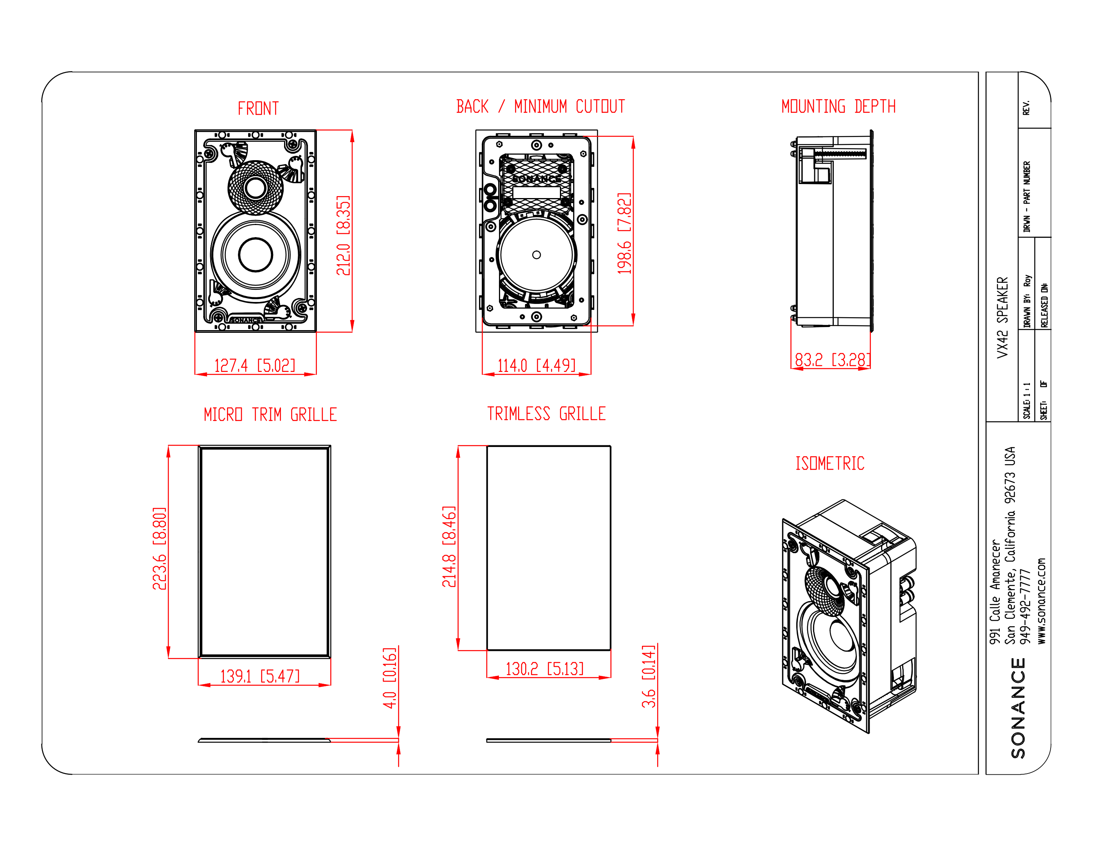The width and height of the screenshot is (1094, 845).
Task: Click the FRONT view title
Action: tap(258, 109)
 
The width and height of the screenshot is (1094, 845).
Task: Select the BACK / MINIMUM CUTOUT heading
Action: tap(540, 107)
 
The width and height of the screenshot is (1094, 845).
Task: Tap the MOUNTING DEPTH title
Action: tap(838, 107)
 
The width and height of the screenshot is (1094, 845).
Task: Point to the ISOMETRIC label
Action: tap(829, 463)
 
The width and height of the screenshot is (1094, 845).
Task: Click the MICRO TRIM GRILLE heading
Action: tap(270, 415)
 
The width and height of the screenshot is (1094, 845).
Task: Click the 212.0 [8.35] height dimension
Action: tap(343, 236)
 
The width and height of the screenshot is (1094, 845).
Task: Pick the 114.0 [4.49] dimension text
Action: tap(536, 366)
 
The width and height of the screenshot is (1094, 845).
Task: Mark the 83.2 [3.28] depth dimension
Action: tap(832, 360)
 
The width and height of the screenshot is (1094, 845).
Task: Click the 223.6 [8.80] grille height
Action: tap(159, 548)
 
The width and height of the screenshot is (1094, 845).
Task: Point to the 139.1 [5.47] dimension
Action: tap(259, 676)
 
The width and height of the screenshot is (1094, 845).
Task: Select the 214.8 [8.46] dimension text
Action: tap(449, 547)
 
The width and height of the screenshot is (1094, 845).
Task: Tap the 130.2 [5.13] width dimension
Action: tap(545, 669)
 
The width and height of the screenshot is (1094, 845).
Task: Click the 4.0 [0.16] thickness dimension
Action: tap(389, 678)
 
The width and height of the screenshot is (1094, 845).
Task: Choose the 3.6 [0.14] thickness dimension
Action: tap(648, 676)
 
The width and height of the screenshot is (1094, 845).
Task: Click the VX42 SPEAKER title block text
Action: tap(1002, 318)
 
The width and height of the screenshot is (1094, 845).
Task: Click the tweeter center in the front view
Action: tap(256, 188)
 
